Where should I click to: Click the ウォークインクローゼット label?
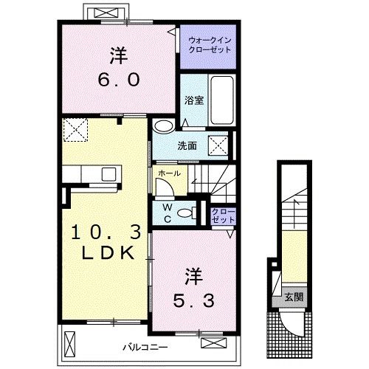pos(210,45)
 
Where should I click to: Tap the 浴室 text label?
pos(194,100)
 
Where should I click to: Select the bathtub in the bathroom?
pos(222,100)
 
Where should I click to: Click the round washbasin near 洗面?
pos(163,125)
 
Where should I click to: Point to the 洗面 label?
pos(187,146)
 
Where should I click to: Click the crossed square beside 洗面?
pos(218,145)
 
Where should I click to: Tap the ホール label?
pos(170,173)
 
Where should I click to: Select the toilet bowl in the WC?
pos(185,213)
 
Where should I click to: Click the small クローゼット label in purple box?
pos(224,215)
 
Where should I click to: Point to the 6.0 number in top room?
pos(119,80)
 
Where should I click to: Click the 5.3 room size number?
pos(193,300)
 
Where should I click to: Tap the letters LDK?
pos(108,252)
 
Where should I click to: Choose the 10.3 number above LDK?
pos(106,232)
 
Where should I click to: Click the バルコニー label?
pos(145,348)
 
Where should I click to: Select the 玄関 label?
pos(294,297)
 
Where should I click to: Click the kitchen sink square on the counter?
pos(108,173)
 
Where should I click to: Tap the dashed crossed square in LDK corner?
pos(75,130)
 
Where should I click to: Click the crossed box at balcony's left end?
pos(69,343)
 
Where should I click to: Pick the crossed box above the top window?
pos(106,13)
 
